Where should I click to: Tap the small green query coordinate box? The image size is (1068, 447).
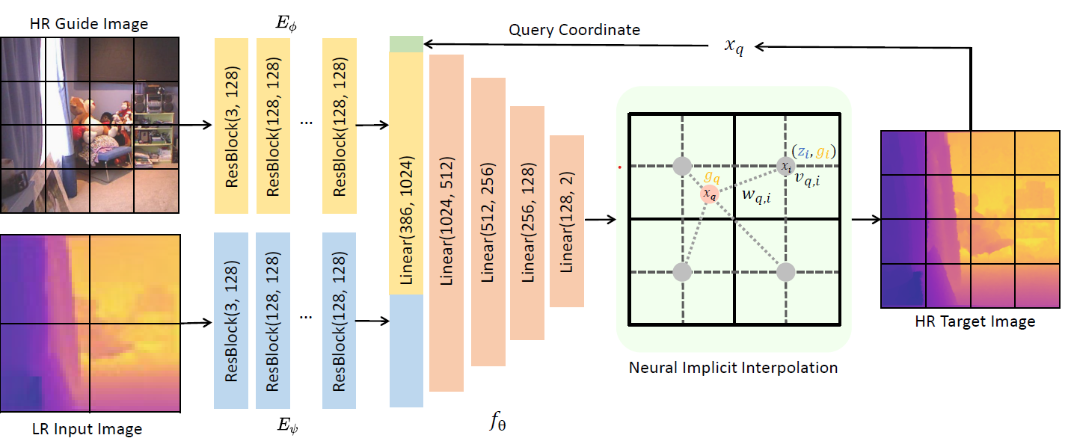click(407, 44)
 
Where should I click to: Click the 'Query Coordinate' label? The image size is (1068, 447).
click(574, 30)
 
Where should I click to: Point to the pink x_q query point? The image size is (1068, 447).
click(709, 194)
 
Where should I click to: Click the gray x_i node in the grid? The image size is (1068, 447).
click(785, 167)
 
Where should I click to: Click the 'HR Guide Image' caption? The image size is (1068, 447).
click(89, 24)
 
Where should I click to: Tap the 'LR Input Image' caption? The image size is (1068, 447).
click(88, 429)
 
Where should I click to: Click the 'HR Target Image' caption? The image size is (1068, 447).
click(975, 321)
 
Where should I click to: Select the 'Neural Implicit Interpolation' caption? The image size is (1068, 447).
click(733, 368)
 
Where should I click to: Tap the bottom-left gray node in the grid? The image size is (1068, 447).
click(681, 272)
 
